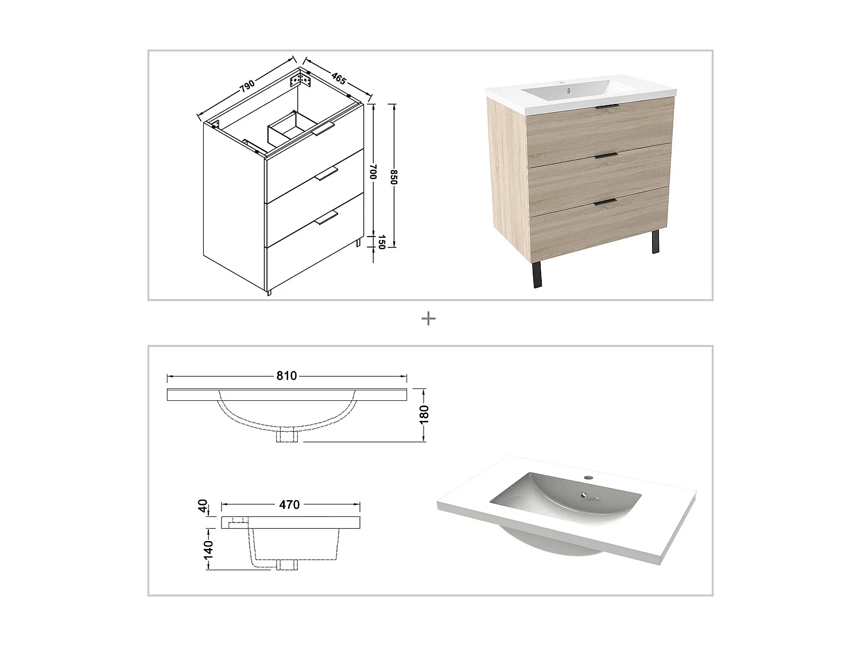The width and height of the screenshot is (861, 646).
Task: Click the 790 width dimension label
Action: coord(247,86)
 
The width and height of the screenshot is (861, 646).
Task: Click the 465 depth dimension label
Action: coord(339,79)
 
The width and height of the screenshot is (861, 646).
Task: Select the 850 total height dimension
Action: coord(394,176)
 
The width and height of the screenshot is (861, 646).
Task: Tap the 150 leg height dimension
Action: coord(380,242)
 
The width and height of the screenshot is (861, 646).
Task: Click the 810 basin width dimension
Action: coord(286,376)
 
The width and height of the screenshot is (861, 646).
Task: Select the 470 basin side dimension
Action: coord(289,505)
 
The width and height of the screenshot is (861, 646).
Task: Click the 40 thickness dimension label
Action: coord(203,506)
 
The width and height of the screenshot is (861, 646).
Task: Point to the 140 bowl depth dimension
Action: coord(208,549)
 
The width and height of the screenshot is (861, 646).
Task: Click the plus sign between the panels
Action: coord(428,319)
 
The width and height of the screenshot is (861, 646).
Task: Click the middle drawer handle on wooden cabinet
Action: coord(606,154)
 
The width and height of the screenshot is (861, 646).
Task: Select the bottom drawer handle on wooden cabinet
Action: coord(606,201)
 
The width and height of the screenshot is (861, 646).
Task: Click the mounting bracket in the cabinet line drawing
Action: coord(304,79)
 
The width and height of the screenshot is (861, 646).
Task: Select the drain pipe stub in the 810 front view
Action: coord(286,436)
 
